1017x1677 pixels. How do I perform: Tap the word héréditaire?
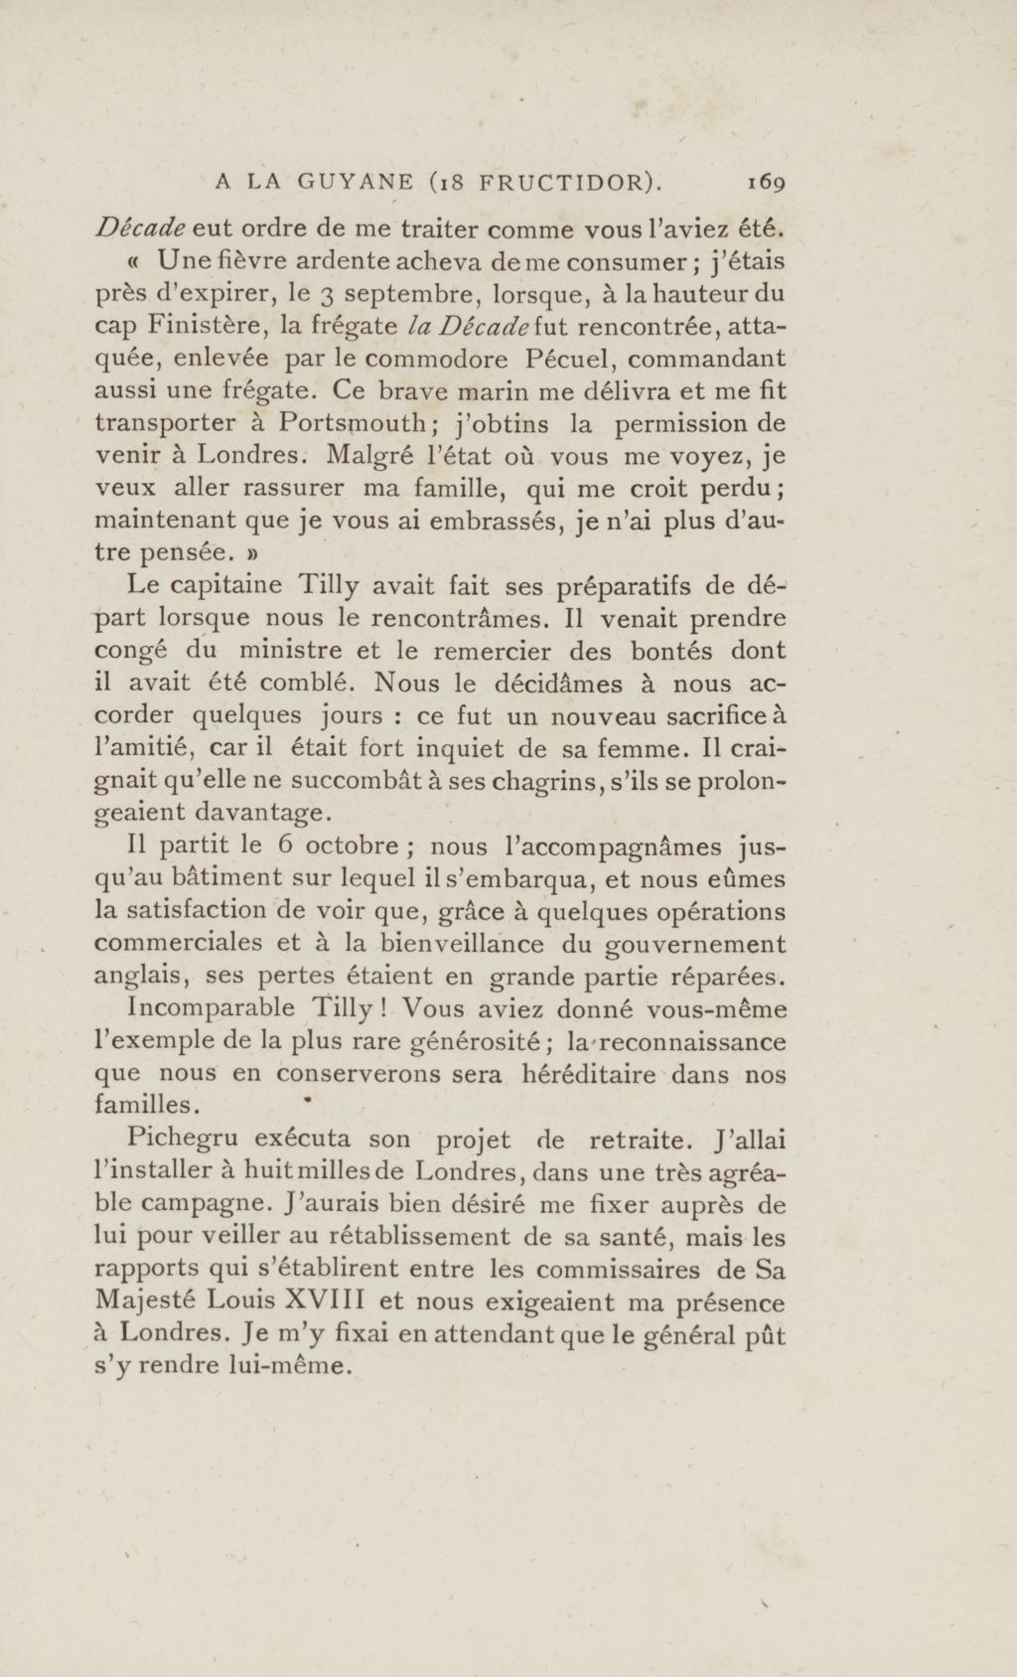(587, 1073)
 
